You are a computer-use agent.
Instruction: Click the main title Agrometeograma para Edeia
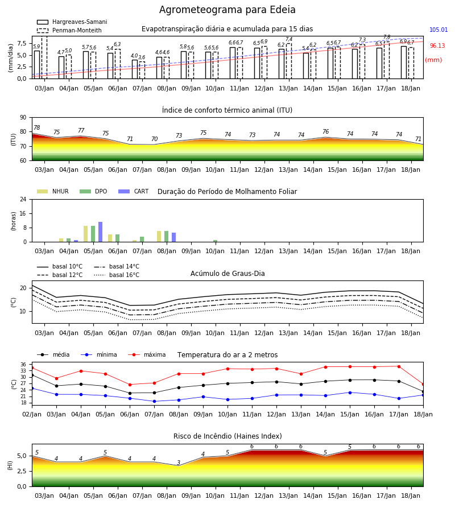227,10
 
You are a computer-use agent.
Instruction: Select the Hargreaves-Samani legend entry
72,22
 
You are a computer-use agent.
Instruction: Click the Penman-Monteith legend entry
69,30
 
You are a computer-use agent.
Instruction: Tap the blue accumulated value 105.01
439,30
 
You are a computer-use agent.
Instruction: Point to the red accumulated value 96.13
437,46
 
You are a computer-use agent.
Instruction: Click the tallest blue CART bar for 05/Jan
101,232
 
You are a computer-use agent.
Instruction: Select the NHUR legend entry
53,191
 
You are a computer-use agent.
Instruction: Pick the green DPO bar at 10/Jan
216,241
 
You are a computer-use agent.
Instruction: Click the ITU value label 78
37,127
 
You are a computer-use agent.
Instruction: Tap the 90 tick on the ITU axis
23,118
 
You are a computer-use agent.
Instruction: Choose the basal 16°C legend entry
117,275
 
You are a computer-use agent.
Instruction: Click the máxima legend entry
147,354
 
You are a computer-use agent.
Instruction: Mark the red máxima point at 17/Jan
399,366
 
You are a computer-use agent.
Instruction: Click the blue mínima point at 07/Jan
154,401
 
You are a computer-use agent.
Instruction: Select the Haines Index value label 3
179,463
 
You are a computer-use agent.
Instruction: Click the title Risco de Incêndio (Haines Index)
227,436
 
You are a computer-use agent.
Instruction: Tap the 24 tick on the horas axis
23,199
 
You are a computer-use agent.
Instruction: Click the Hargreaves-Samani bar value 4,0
134,56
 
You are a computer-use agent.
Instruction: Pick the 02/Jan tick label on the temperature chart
32,414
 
